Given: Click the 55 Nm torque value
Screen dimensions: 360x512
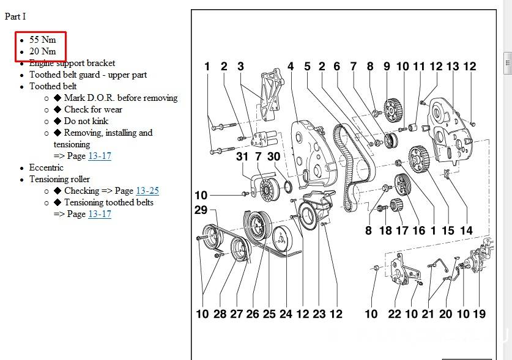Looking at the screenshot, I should (42, 40).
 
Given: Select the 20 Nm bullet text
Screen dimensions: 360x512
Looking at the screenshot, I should (42, 51).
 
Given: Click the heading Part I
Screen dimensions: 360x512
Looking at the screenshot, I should (15, 17).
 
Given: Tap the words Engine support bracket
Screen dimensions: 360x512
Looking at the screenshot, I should (72, 63).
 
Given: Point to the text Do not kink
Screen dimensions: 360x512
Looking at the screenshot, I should (86, 121).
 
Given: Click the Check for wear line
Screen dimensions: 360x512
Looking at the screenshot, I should (92, 109).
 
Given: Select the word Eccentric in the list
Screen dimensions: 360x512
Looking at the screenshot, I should (46, 167).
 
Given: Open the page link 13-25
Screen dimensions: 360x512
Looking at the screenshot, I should (147, 191).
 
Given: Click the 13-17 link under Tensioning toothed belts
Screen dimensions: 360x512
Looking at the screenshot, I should (99, 214).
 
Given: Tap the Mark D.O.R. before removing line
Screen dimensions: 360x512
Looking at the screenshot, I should (120, 98).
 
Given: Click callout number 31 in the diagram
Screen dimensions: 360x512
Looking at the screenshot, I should (243, 156).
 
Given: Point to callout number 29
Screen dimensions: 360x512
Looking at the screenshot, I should (201, 210).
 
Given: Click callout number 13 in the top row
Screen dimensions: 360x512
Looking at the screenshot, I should (453, 67).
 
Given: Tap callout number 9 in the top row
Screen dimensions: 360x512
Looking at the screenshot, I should (387, 67).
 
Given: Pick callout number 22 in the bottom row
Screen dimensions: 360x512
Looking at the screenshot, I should (395, 314).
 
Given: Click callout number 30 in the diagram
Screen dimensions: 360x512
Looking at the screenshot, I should (273, 156).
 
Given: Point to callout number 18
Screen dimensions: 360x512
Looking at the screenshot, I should (385, 230).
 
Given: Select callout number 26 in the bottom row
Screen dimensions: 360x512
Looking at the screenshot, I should (253, 314).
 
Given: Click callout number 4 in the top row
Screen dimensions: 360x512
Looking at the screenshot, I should (291, 67).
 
